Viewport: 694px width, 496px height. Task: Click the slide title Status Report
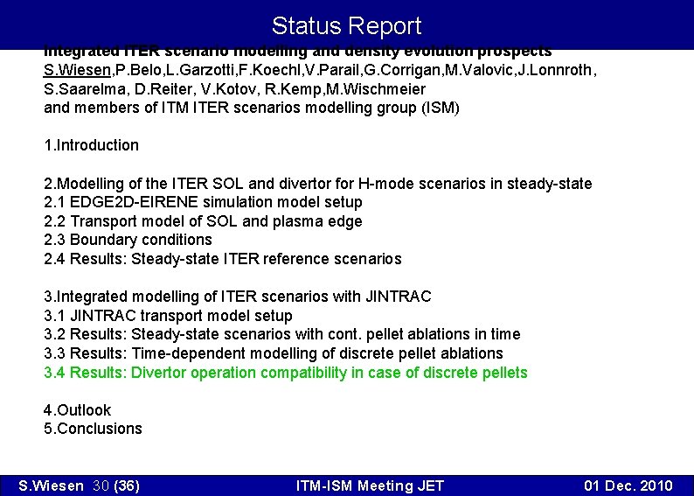click(346, 25)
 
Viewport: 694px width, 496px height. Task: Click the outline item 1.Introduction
click(91, 145)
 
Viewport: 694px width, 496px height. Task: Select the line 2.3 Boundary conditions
click(128, 240)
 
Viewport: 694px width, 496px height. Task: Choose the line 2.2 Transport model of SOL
click(203, 221)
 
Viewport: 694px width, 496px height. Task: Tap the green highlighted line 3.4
click(286, 373)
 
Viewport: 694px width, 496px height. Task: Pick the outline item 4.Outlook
click(77, 410)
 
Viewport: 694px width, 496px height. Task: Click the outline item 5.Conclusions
click(93, 429)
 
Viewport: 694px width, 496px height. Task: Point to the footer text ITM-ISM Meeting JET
click(370, 486)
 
